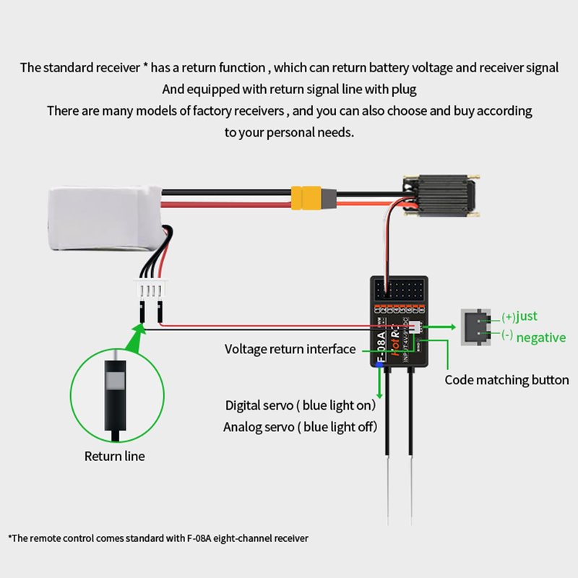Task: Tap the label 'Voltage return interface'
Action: click(x=290, y=350)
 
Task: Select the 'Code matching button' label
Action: click(x=506, y=380)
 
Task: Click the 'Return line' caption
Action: click(x=114, y=456)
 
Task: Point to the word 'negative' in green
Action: click(x=540, y=337)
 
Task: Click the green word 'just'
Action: click(x=527, y=316)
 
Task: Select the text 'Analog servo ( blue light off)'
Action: click(x=300, y=426)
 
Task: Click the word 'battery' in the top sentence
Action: click(x=354, y=68)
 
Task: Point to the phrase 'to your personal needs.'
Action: click(x=289, y=133)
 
